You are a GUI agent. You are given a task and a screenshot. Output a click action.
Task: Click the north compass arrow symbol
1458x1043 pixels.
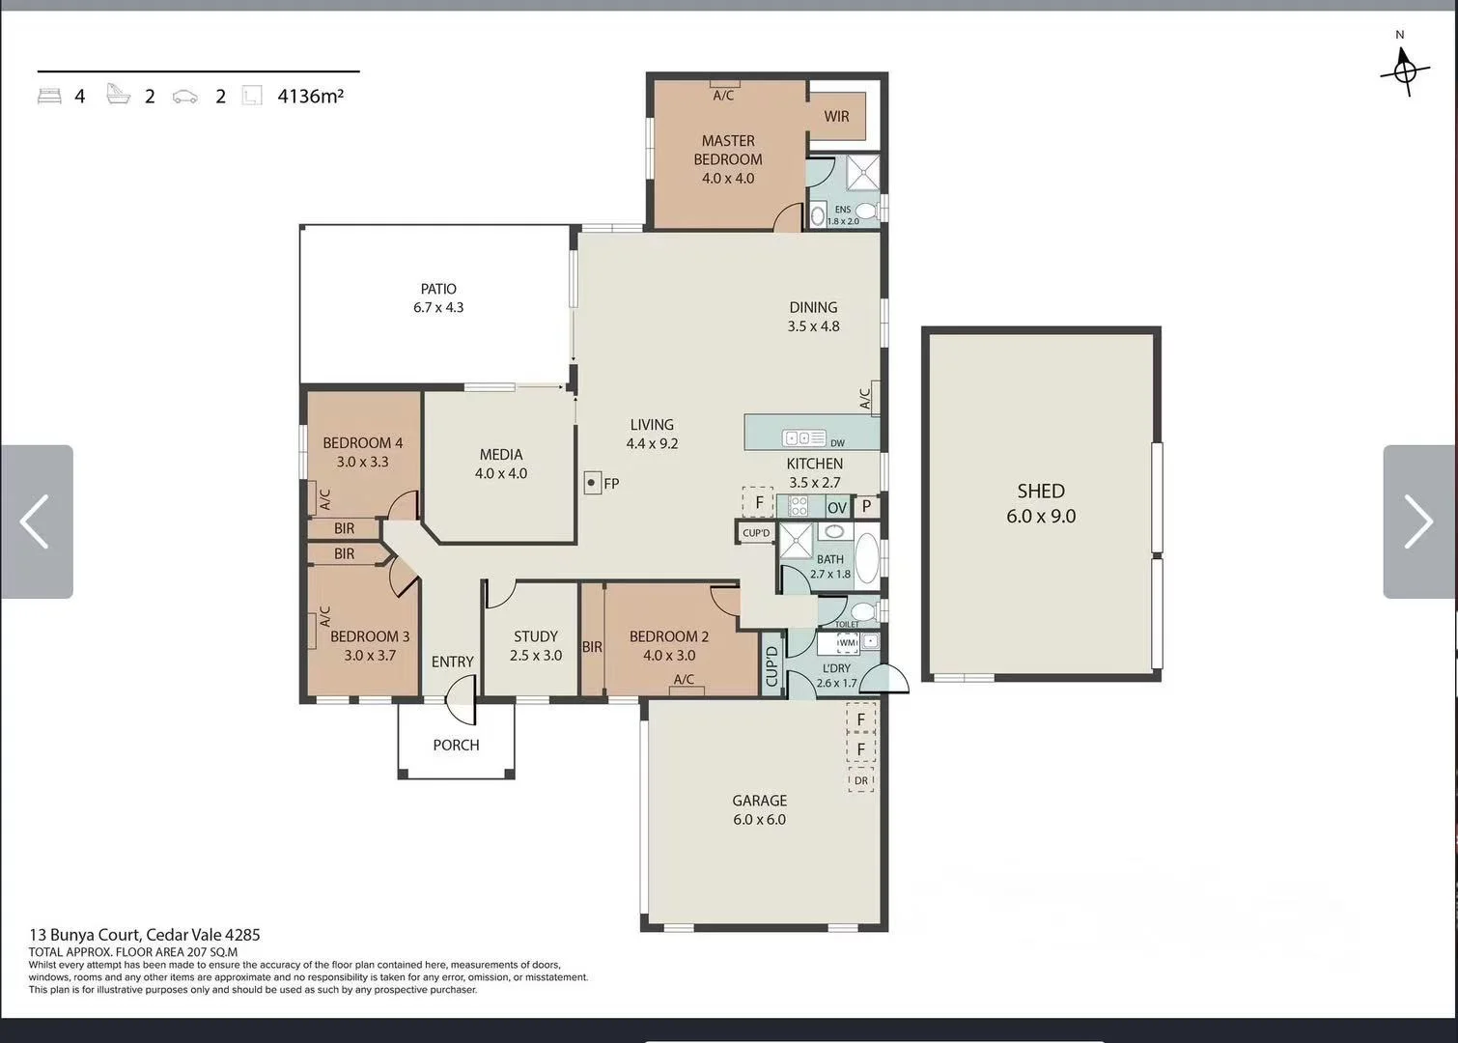pyautogui.click(x=1404, y=70)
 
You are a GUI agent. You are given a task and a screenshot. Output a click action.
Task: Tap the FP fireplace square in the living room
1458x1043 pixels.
pyautogui.click(x=592, y=483)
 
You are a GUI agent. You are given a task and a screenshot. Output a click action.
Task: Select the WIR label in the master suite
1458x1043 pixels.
pyautogui.click(x=836, y=117)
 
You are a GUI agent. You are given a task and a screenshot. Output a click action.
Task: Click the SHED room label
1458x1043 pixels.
pyautogui.click(x=1041, y=491)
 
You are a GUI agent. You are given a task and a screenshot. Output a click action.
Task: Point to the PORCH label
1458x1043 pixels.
pyautogui.click(x=456, y=745)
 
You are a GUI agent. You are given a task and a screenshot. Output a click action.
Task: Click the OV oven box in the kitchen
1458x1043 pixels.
pyautogui.click(x=837, y=507)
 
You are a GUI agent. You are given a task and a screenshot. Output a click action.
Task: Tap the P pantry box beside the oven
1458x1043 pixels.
pyautogui.click(x=866, y=506)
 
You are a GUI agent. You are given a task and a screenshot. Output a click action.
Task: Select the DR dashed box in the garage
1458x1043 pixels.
pyautogui.click(x=860, y=780)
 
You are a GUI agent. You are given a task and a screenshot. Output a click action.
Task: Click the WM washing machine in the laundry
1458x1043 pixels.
pyautogui.click(x=847, y=642)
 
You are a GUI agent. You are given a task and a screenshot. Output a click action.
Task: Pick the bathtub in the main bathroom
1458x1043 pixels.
pyautogui.click(x=866, y=558)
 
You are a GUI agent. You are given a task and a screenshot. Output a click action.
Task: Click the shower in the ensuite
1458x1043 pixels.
pyautogui.click(x=862, y=173)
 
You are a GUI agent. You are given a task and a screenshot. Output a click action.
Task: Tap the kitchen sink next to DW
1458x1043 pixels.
pyautogui.click(x=804, y=438)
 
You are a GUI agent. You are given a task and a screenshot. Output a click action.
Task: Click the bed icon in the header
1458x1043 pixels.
pyautogui.click(x=49, y=97)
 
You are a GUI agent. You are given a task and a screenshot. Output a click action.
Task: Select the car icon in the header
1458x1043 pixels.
pyautogui.click(x=184, y=97)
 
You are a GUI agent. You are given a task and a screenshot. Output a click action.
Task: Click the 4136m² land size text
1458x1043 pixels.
pyautogui.click(x=311, y=96)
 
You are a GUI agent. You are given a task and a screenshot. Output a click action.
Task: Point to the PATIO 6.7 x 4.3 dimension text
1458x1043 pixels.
pyautogui.click(x=438, y=307)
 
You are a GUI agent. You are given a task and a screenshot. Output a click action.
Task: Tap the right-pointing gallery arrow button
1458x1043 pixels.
pyautogui.click(x=1419, y=521)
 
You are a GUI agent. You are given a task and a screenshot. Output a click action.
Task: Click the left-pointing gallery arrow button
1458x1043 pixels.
pyautogui.click(x=36, y=521)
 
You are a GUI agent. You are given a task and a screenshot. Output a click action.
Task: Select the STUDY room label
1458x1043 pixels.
pyautogui.click(x=536, y=636)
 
